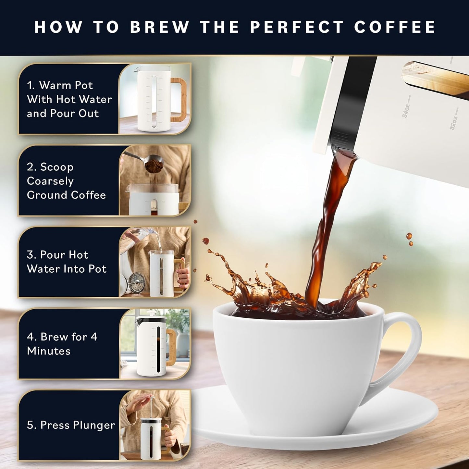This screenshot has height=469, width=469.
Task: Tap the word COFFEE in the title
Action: (395, 27)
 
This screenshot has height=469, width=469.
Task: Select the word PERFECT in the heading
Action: (297, 27)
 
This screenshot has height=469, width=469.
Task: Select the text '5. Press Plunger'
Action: (71, 425)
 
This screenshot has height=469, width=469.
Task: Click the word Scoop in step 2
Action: (57, 167)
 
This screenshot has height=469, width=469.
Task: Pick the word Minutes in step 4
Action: (49, 351)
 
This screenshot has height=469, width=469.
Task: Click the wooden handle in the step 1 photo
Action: (179, 99)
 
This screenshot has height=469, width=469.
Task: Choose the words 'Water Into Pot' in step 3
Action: (67, 269)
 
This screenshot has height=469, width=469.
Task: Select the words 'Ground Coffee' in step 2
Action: (66, 195)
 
